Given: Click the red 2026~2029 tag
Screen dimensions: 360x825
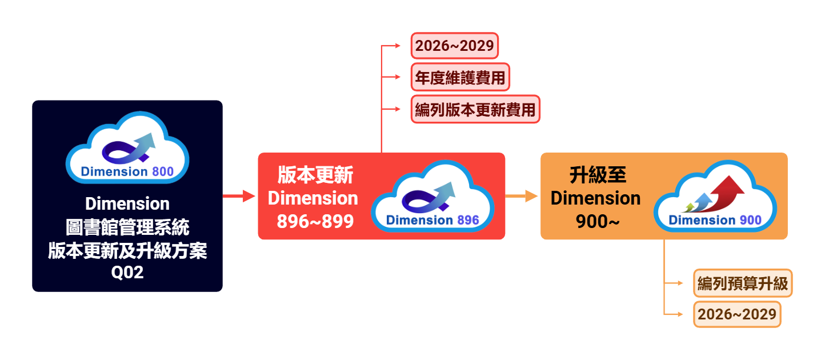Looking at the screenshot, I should (x=454, y=46).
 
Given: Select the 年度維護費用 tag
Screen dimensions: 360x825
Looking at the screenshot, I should (x=460, y=77).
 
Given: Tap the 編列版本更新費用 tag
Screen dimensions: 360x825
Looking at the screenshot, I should (x=475, y=109).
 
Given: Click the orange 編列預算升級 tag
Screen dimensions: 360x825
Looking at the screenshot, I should (x=743, y=283).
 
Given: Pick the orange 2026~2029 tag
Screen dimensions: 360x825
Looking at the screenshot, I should (x=736, y=314).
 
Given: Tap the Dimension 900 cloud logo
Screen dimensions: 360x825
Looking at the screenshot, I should (x=715, y=197).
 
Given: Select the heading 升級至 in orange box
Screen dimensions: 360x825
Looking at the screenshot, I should (x=597, y=174).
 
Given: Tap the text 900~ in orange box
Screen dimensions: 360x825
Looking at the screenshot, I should (x=597, y=222).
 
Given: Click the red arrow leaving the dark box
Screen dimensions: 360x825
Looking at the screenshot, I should (x=239, y=196).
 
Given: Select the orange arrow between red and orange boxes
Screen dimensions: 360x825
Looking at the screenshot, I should (x=522, y=196).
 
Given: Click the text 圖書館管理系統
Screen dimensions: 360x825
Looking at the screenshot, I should (x=127, y=227).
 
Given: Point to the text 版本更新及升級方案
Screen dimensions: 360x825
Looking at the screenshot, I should (x=127, y=250).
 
